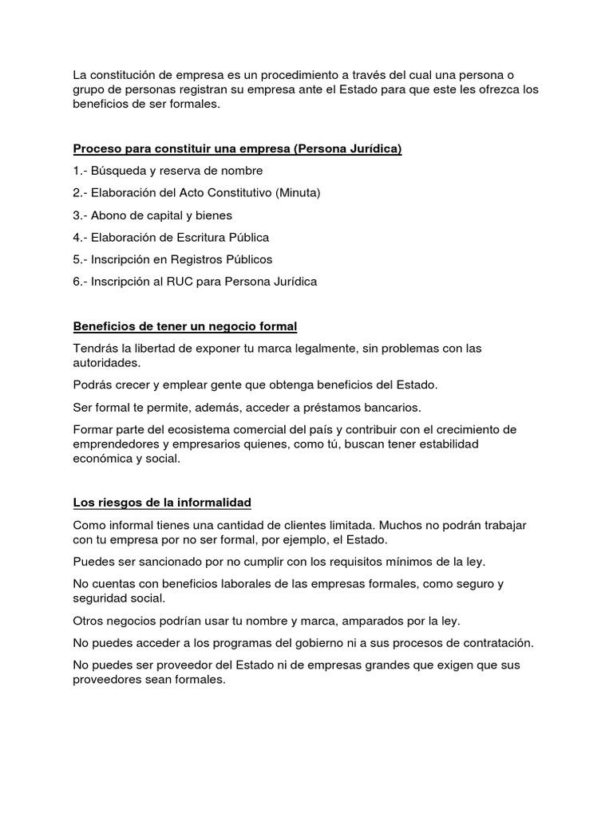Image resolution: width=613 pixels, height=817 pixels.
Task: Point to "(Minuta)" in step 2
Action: pos(298,193)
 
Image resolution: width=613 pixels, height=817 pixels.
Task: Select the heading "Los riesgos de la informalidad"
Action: pos(162,502)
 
